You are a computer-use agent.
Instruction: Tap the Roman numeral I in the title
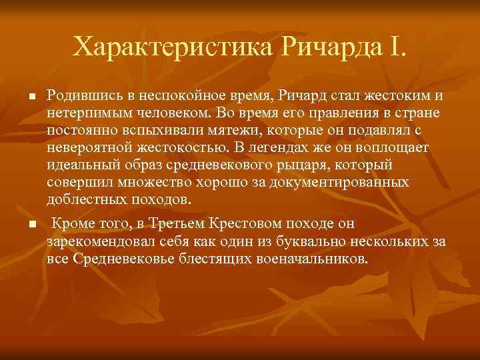399,47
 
